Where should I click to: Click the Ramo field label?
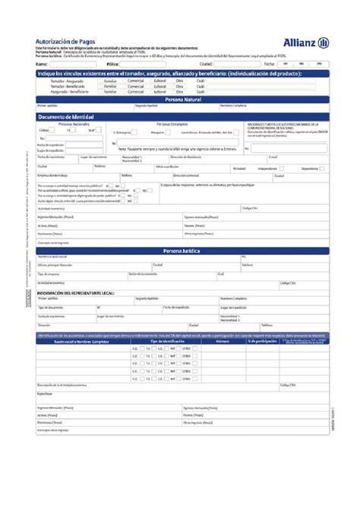[x=41, y=65]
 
